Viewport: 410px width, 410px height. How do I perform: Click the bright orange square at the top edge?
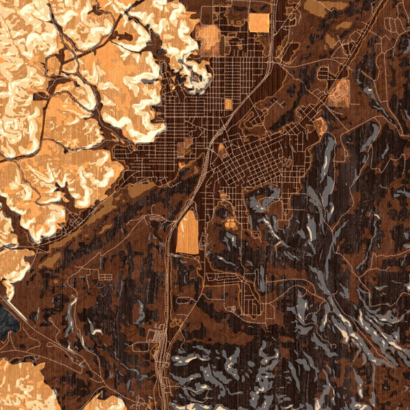click(259, 23)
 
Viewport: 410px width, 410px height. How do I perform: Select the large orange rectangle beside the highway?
click(187, 232)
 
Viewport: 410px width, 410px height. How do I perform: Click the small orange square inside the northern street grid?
click(228, 104)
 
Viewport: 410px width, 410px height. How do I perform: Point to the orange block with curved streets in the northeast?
click(338, 94)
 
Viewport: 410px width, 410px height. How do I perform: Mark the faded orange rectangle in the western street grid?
click(184, 148)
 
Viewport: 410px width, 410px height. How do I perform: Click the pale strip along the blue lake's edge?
click(14, 301)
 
